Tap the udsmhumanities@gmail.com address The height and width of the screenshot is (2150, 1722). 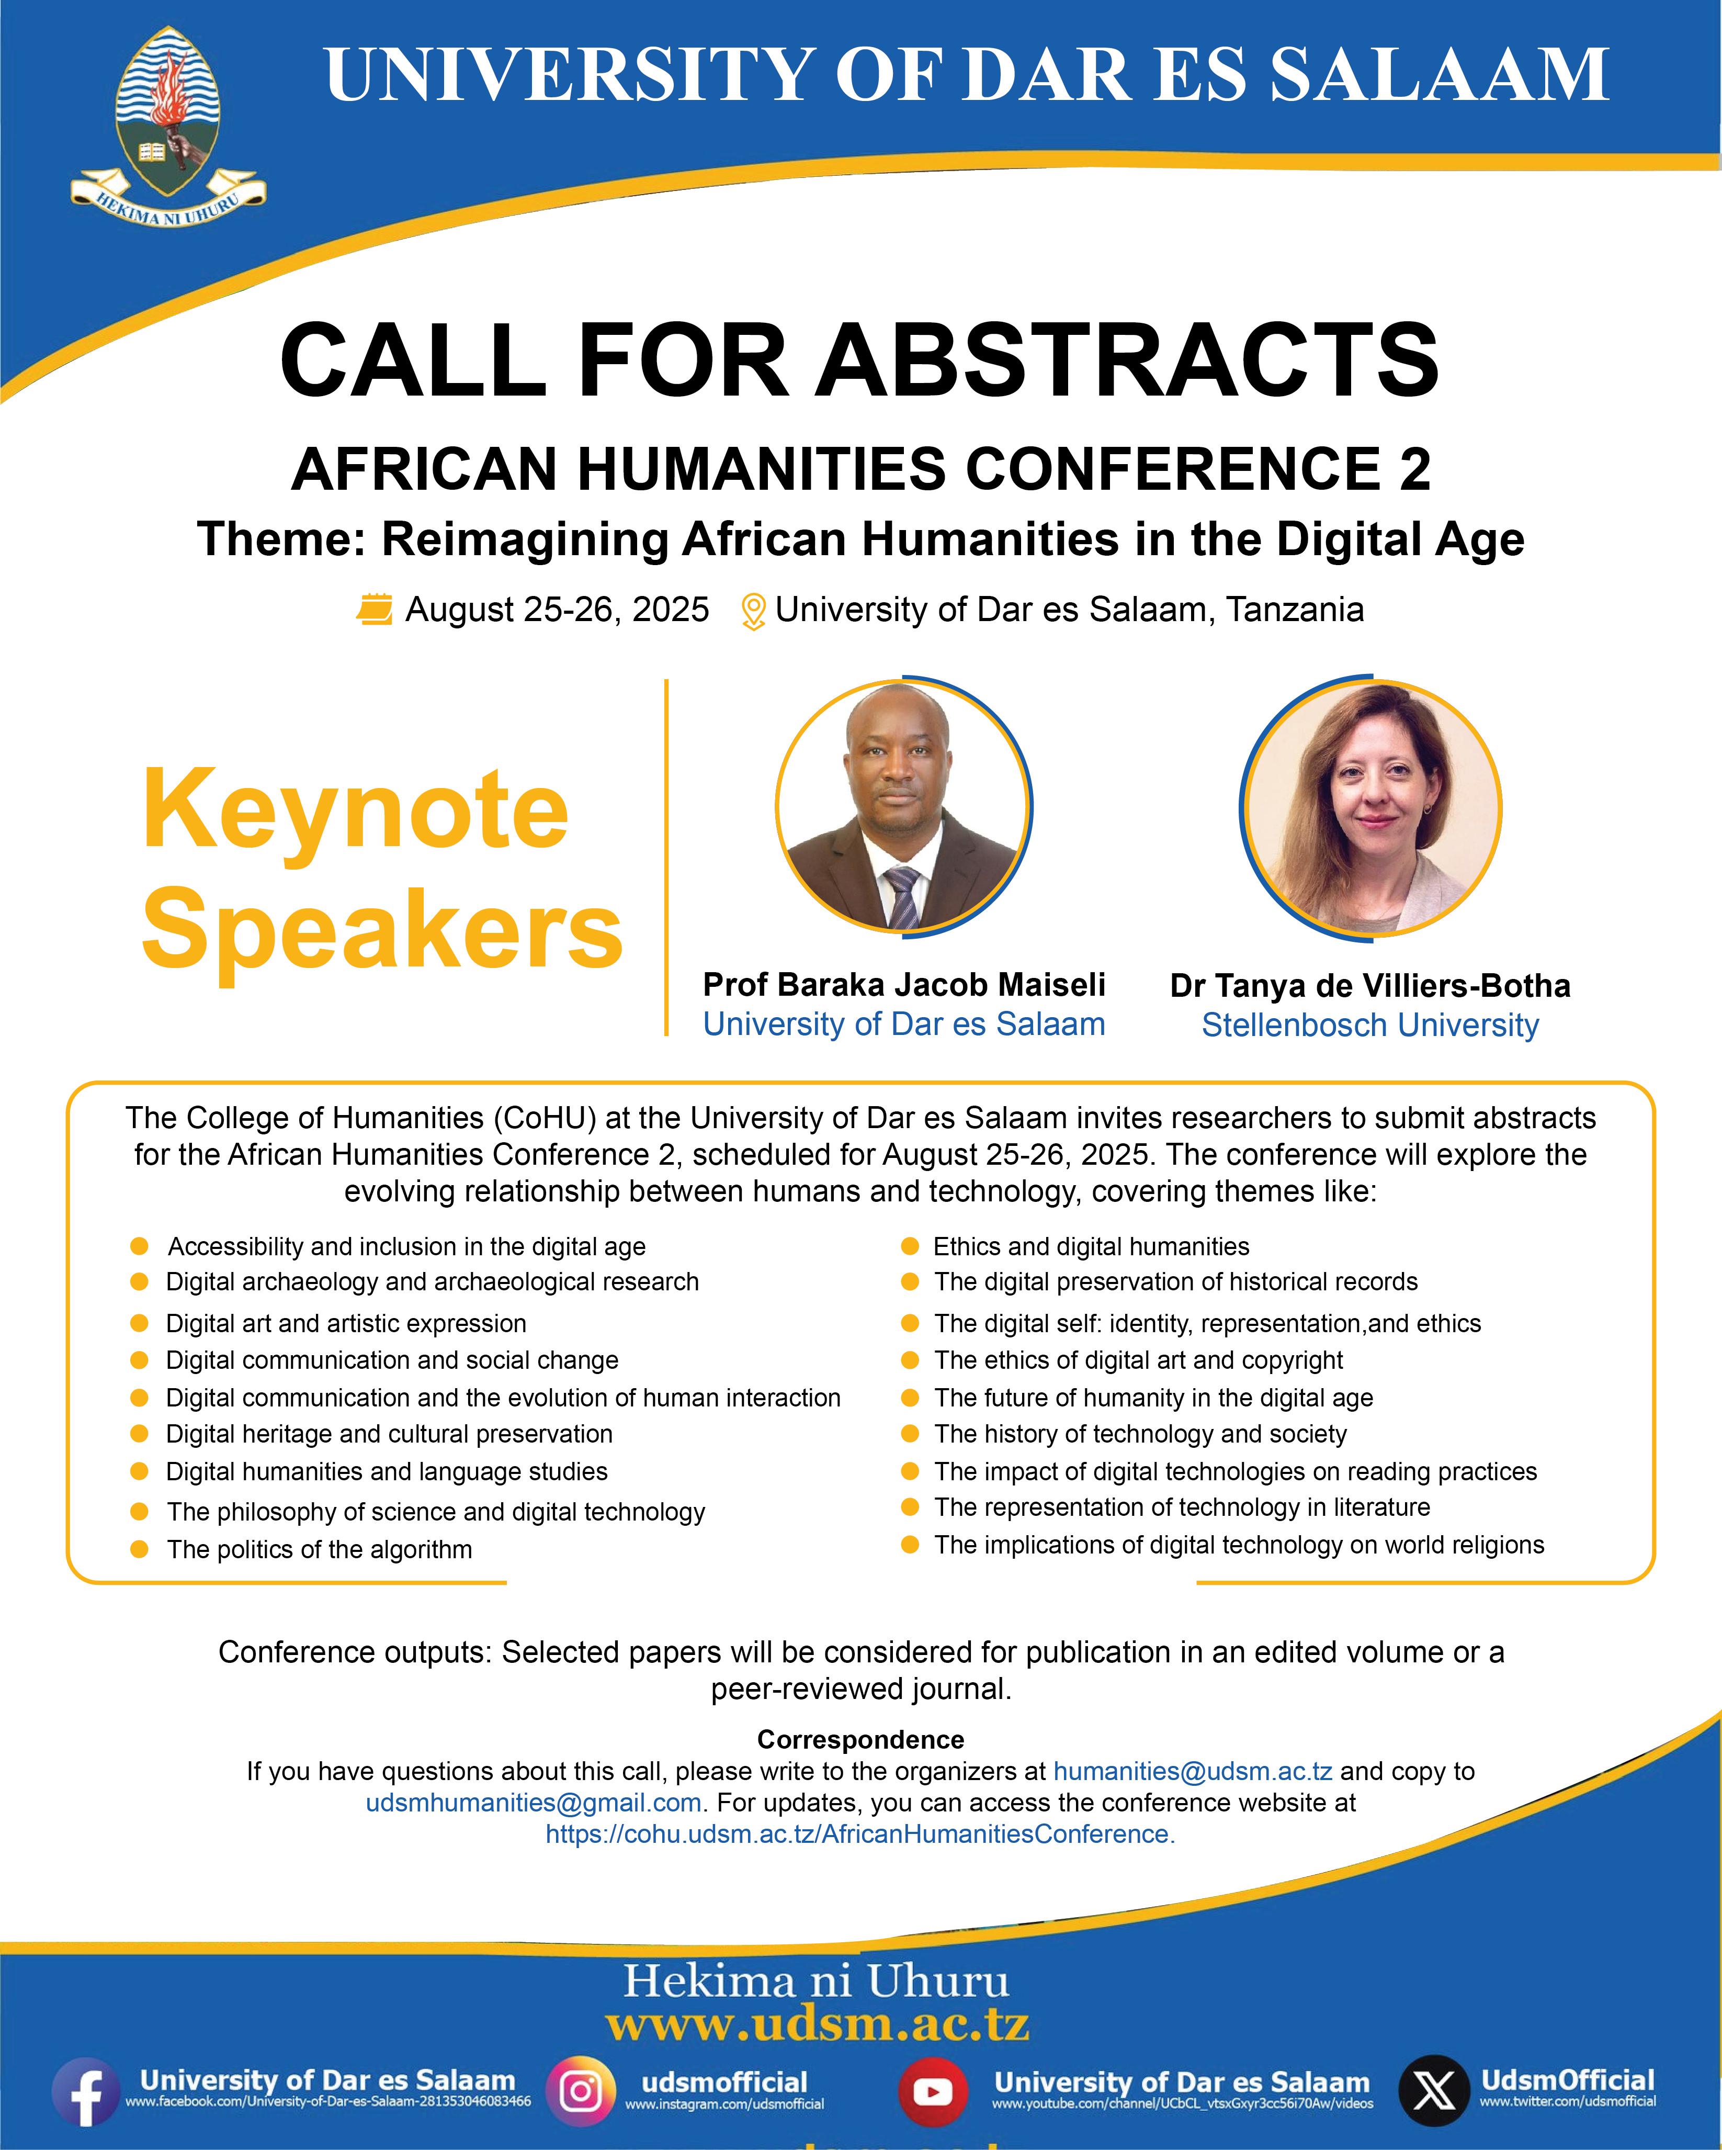[x=534, y=1803]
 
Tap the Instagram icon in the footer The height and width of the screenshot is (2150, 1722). [x=580, y=2091]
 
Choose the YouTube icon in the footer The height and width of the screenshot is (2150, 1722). [x=932, y=2091]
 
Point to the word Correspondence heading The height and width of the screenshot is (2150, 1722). [x=860, y=1739]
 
